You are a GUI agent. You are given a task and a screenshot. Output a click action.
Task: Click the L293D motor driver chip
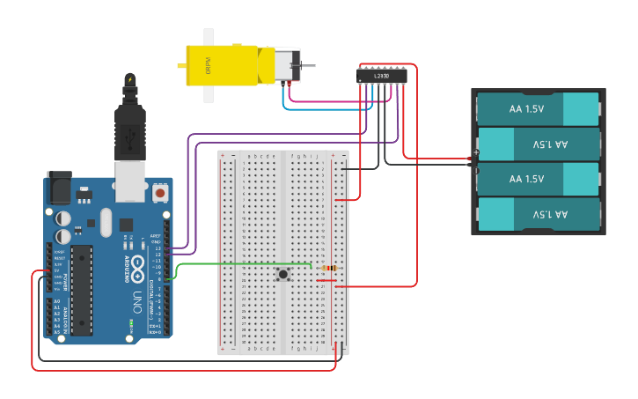[382, 77]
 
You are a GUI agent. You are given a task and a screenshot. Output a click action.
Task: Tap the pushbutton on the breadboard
[283, 275]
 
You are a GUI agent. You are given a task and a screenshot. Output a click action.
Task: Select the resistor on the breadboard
[329, 268]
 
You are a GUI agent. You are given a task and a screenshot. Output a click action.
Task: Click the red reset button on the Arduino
[160, 191]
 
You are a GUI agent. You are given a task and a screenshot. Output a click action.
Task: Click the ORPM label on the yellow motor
[209, 65]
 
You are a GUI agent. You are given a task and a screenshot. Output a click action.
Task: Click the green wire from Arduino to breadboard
[238, 263]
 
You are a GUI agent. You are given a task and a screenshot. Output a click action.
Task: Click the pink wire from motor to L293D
[334, 100]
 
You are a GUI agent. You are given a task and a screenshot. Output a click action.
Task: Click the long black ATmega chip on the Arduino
[81, 289]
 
